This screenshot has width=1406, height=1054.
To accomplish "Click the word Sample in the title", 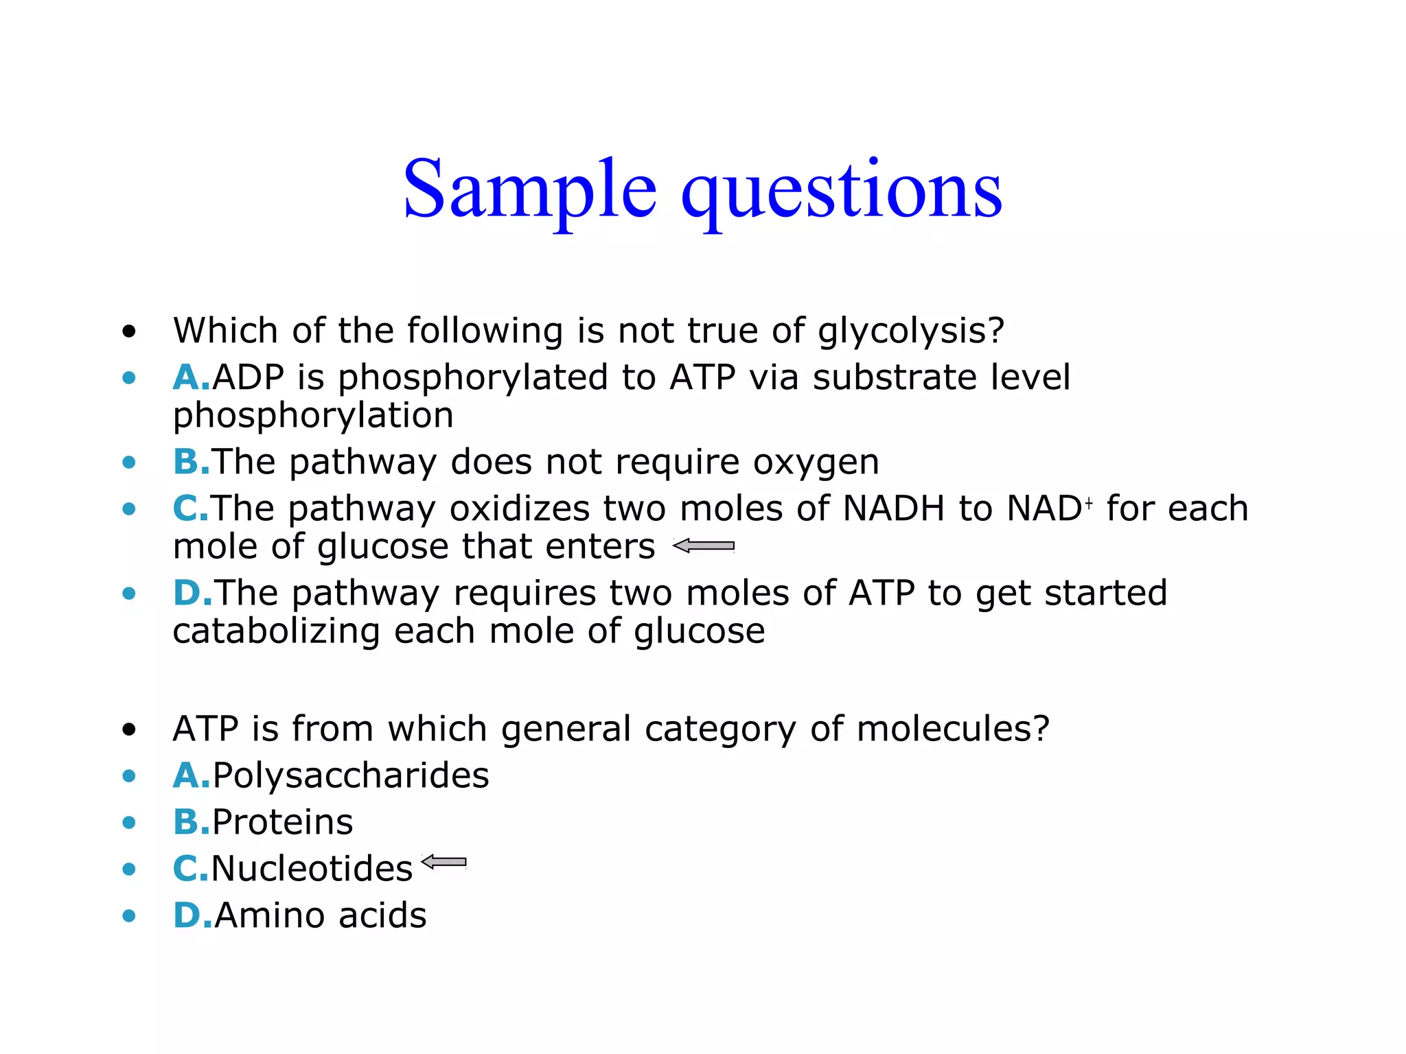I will [x=529, y=189].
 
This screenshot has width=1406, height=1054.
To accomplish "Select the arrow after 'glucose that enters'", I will [x=704, y=546].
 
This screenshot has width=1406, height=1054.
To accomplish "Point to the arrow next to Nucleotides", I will [x=443, y=862].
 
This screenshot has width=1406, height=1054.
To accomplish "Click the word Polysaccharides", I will [x=351, y=776].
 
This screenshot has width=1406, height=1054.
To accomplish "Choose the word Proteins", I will [x=282, y=822].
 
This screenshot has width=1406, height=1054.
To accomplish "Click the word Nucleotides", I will [x=312, y=869].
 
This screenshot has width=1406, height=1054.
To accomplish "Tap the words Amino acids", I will [x=321, y=915].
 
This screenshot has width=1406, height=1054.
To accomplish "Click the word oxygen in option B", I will [x=816, y=462].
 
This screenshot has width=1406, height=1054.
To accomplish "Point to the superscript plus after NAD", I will [x=1088, y=503].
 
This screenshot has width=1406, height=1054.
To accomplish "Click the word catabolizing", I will [x=276, y=631].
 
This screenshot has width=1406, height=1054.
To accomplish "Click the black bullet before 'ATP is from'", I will [x=129, y=729].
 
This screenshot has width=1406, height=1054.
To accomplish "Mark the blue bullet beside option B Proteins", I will [x=129, y=822].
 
